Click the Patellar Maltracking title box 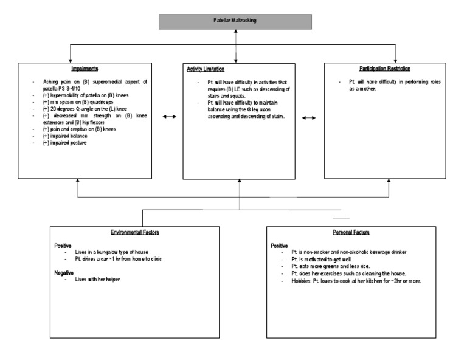(235, 21)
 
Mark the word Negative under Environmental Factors (65, 273)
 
